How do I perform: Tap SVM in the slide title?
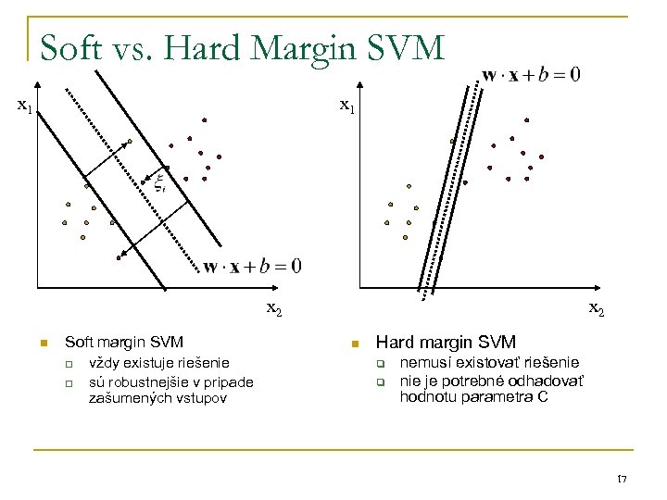pos(401,47)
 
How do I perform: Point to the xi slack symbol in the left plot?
pos(159,181)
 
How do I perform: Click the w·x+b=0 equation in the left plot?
pos(252,267)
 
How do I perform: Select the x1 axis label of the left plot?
pos(25,106)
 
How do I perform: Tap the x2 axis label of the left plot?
pos(275,308)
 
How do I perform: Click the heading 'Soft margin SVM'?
pos(124,343)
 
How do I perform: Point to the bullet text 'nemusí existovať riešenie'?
pos(489,362)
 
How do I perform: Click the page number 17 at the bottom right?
pos(622,478)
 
